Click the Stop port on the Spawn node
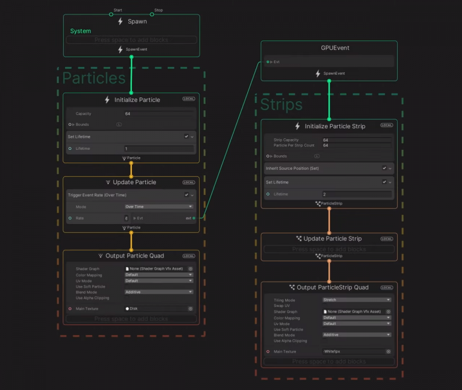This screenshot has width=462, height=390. point(152,14)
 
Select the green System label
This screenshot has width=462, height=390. point(81,31)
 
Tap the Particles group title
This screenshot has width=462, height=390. point(94,78)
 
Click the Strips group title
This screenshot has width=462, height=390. point(281,105)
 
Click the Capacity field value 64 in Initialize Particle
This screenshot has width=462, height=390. point(159,113)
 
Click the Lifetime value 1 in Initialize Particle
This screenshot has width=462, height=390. point(159,149)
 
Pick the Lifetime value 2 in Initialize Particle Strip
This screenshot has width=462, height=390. point(357,194)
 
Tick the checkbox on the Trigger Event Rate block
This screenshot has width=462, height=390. point(186,195)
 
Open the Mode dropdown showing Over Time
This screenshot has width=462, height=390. point(159,206)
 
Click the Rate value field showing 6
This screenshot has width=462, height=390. point(126,218)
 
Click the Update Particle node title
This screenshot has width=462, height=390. point(134,182)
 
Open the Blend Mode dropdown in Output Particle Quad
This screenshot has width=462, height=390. point(159,292)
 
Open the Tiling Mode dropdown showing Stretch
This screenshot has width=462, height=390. point(357,300)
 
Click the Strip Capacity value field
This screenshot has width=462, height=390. point(357,140)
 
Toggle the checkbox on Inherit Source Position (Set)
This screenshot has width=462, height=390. point(384,169)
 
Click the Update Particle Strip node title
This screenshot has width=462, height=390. point(333,239)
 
